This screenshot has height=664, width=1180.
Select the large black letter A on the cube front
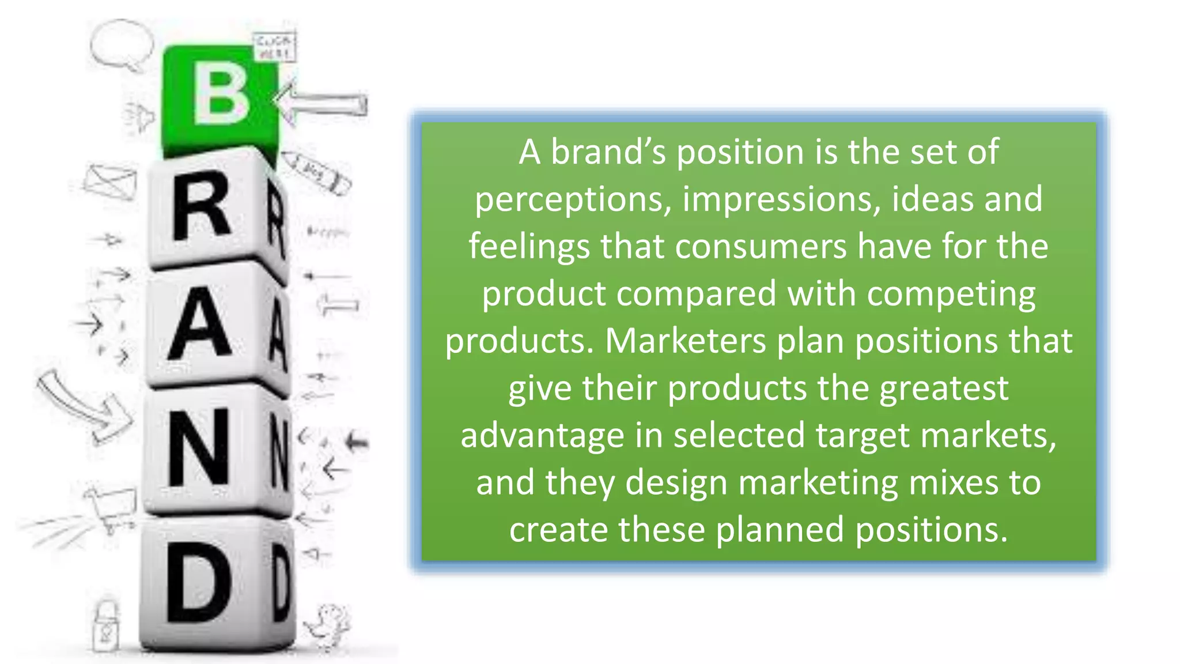(x=199, y=323)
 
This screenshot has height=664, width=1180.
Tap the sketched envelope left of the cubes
(x=109, y=182)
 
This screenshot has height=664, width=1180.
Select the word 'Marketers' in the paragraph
(x=685, y=341)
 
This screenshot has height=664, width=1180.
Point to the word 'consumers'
(x=761, y=247)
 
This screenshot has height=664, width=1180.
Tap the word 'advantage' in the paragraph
(x=542, y=435)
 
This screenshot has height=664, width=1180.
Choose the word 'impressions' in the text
(x=781, y=199)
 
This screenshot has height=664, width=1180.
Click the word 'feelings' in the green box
(x=529, y=247)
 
